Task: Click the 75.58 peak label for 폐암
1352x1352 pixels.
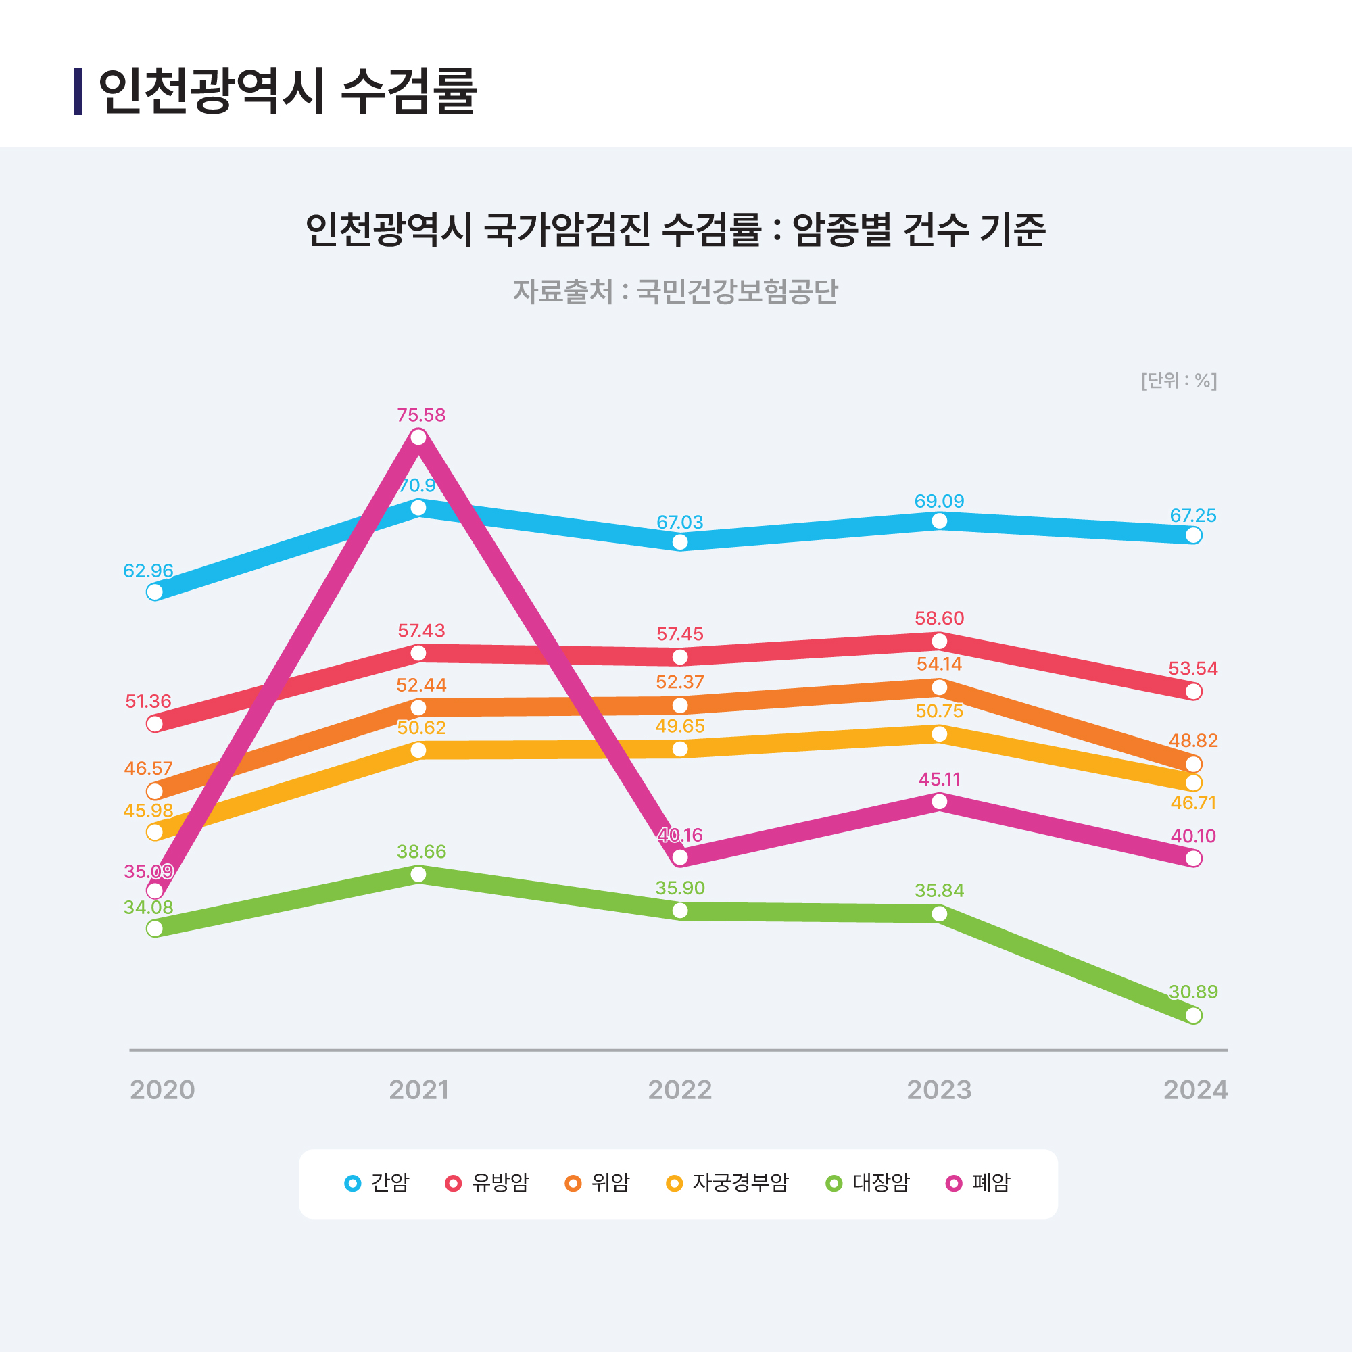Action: [x=420, y=415]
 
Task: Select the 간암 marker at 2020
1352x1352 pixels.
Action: [x=155, y=592]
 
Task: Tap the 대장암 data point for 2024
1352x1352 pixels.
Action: [x=1194, y=1015]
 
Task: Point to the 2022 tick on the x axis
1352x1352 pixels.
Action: [x=679, y=1090]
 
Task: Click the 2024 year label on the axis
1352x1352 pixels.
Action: [x=1195, y=1090]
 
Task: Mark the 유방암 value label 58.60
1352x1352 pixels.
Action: [x=939, y=618]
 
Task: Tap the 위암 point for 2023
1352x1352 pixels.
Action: [x=940, y=687]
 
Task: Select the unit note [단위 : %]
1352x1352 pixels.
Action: [x=1179, y=381]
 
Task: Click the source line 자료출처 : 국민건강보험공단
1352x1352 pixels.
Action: [x=675, y=291]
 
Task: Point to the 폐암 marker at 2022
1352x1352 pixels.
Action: [x=679, y=857]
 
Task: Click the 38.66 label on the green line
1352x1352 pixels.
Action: [x=420, y=852]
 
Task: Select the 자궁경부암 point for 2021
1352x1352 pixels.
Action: [x=418, y=750]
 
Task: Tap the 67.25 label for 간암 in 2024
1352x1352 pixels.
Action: [x=1193, y=516]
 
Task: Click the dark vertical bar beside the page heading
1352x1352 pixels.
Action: [x=78, y=91]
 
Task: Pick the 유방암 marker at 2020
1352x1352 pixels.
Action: [x=155, y=723]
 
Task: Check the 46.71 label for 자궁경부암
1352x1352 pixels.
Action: [x=1193, y=802]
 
